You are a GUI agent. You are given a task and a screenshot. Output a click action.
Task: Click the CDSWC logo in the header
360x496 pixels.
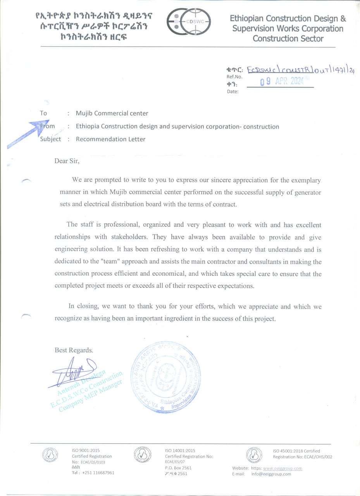(x=189, y=22)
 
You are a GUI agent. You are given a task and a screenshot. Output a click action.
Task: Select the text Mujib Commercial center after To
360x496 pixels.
(x=112, y=114)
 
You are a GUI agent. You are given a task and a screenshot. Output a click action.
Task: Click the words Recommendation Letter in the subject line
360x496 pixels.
(x=110, y=139)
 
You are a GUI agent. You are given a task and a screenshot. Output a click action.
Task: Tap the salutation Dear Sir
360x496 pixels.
(x=67, y=160)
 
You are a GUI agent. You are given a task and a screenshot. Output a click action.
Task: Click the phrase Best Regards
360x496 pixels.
(x=74, y=350)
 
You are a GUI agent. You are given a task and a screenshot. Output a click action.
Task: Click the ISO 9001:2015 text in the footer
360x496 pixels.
(x=86, y=450)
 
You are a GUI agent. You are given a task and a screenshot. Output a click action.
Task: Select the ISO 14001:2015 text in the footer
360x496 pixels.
(x=180, y=450)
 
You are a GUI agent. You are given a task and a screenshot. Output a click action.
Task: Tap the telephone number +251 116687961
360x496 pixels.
(x=98, y=473)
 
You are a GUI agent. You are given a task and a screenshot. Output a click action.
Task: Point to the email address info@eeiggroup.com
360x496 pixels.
(x=271, y=474)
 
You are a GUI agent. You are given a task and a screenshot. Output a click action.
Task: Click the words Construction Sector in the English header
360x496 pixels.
(x=288, y=38)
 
